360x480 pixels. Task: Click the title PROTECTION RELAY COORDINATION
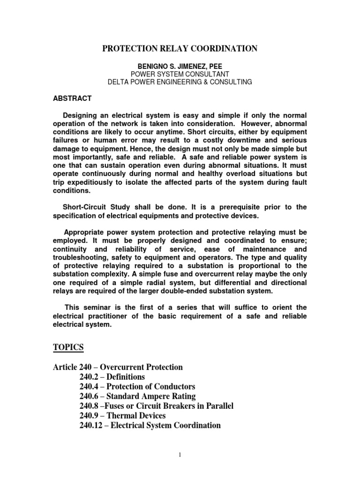[x=180, y=48]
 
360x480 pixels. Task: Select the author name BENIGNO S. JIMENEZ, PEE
[x=180, y=67]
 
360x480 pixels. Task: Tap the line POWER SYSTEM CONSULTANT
[x=180, y=74]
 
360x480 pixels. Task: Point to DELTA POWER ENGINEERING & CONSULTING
[x=180, y=82]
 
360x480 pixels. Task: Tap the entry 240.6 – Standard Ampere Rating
[x=135, y=397]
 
